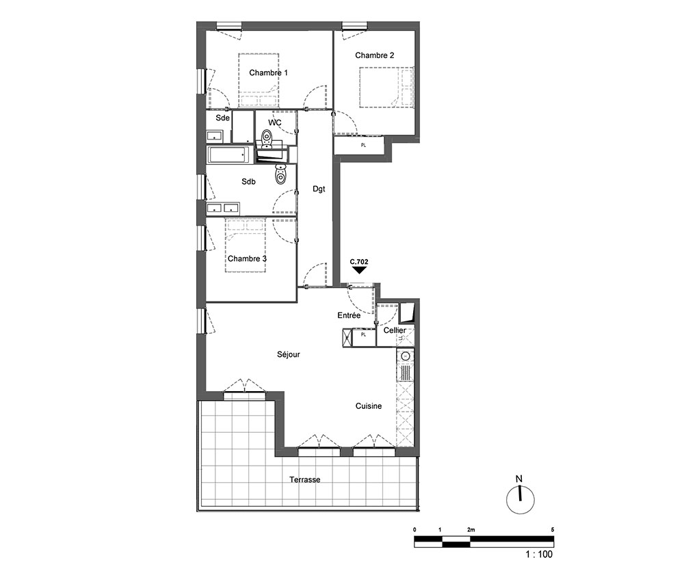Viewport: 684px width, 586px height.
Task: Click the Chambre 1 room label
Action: click(268, 72)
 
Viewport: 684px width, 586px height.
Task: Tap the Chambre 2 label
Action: click(374, 55)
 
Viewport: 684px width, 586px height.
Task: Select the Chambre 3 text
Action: click(247, 258)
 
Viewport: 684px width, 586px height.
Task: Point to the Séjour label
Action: click(289, 354)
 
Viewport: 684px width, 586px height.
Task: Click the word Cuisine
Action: click(369, 406)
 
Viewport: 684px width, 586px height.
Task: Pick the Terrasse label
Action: click(305, 479)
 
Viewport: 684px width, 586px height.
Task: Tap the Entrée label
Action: click(349, 315)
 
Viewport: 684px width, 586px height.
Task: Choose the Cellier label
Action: click(395, 330)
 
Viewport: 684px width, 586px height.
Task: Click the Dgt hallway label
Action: click(319, 189)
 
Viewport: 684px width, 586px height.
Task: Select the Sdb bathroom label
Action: click(249, 182)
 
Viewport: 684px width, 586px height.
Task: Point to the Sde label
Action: click(222, 118)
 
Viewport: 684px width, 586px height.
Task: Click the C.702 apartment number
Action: click(359, 262)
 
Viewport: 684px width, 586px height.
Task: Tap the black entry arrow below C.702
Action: click(359, 270)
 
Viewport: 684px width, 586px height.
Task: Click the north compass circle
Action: click(521, 500)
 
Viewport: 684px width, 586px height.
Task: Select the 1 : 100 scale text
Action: click(539, 554)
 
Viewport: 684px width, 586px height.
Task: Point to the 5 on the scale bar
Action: click(552, 530)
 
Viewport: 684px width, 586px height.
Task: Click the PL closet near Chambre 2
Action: click(363, 145)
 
